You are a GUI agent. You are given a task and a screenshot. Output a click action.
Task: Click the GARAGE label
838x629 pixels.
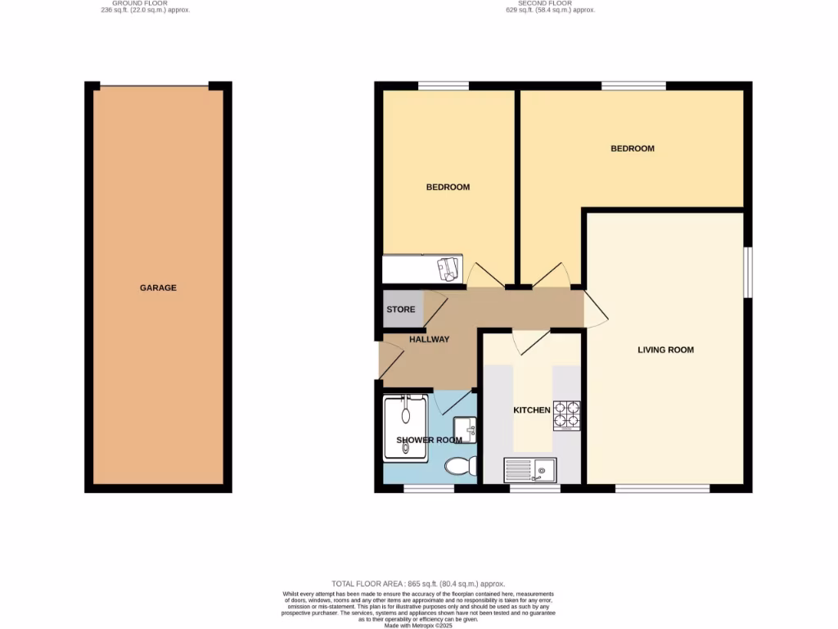(x=158, y=288)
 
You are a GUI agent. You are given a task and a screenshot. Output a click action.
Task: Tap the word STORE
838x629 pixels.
(x=401, y=310)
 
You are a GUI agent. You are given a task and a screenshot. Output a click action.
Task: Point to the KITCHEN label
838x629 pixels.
(x=531, y=410)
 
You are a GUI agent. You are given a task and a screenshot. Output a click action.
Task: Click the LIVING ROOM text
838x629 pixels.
(x=665, y=350)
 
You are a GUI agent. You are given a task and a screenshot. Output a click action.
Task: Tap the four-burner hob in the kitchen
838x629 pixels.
(x=567, y=414)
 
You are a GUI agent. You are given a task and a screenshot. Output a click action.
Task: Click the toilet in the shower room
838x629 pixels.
(x=462, y=466)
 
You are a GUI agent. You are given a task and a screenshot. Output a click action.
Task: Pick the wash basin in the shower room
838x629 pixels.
(x=464, y=428)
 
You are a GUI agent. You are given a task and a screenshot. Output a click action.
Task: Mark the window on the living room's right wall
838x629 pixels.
(x=748, y=272)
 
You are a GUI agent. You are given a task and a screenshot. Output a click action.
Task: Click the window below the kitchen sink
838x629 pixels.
(x=535, y=489)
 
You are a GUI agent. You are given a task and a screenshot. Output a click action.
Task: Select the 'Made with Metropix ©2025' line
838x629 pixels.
(x=419, y=624)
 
